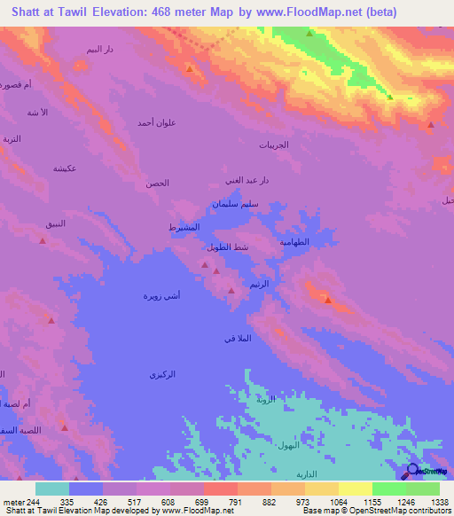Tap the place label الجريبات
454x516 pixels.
click(273, 145)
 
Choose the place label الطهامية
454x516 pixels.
click(294, 241)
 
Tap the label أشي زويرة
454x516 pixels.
click(162, 294)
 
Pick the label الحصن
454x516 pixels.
click(157, 184)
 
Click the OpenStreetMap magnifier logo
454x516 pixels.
click(412, 471)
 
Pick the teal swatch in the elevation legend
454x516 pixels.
click(52, 489)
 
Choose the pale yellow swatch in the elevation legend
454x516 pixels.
click(356, 489)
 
